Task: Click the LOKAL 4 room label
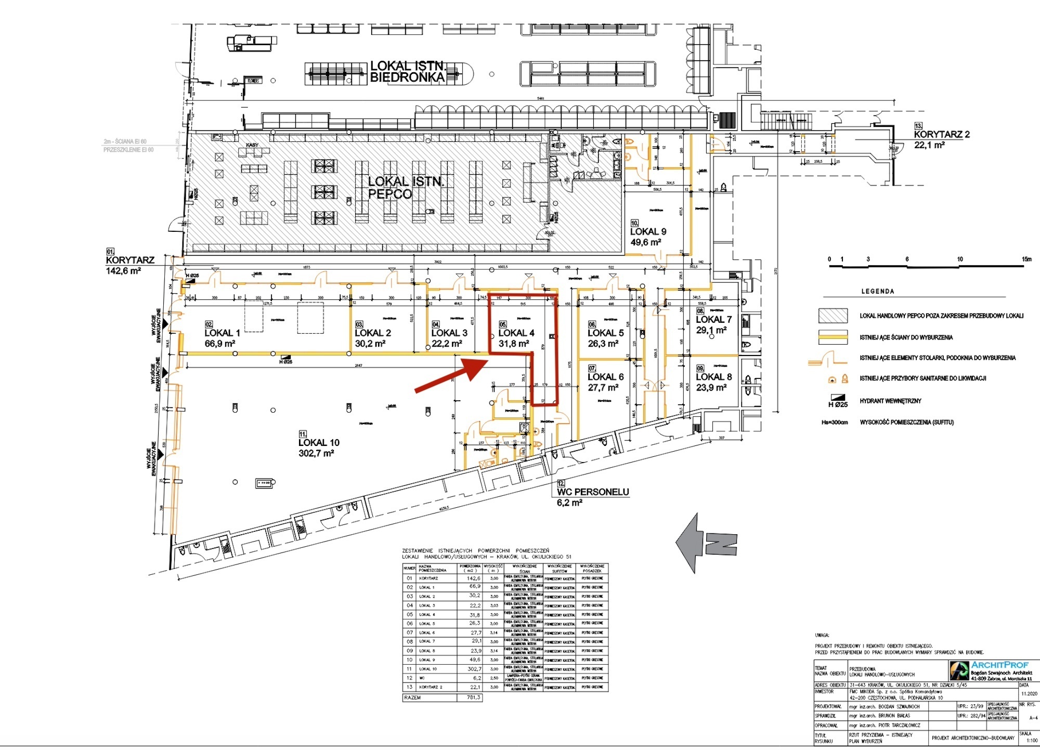coord(516,333)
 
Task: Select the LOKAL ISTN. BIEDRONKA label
coord(408,72)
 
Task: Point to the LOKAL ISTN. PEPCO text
coord(406,188)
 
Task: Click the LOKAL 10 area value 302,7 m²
coord(316,454)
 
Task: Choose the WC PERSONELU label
coord(593,492)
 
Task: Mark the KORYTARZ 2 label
coord(942,135)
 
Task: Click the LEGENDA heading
coord(878,292)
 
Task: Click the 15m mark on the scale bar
coord(1026,259)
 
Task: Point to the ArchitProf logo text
coord(999,665)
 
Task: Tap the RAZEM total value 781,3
coord(473,698)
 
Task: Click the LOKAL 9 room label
coord(648,232)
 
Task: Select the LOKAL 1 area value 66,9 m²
coord(220,344)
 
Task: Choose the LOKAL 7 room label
coord(713,320)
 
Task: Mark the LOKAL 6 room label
coord(606,377)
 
